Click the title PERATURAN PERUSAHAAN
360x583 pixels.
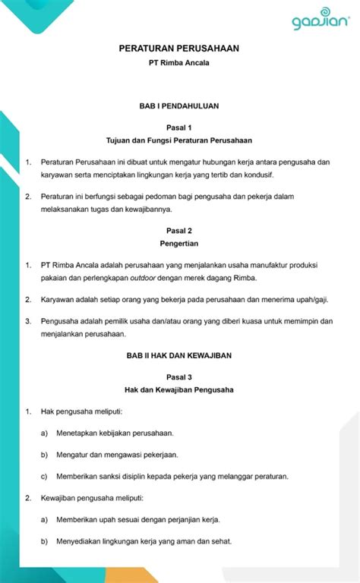pos(179,49)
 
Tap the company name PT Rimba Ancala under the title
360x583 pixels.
pos(179,63)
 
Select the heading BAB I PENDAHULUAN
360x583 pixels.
pos(179,106)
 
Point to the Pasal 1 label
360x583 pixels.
pos(179,128)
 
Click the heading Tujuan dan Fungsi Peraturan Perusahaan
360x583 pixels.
pos(179,140)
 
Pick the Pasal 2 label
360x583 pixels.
pos(179,230)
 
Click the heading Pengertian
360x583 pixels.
pos(179,244)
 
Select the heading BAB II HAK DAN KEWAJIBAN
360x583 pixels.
pos(179,355)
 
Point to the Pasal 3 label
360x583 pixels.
pos(179,377)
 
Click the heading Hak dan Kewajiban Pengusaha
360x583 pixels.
pos(179,389)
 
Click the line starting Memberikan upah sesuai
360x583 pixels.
pos(137,520)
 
